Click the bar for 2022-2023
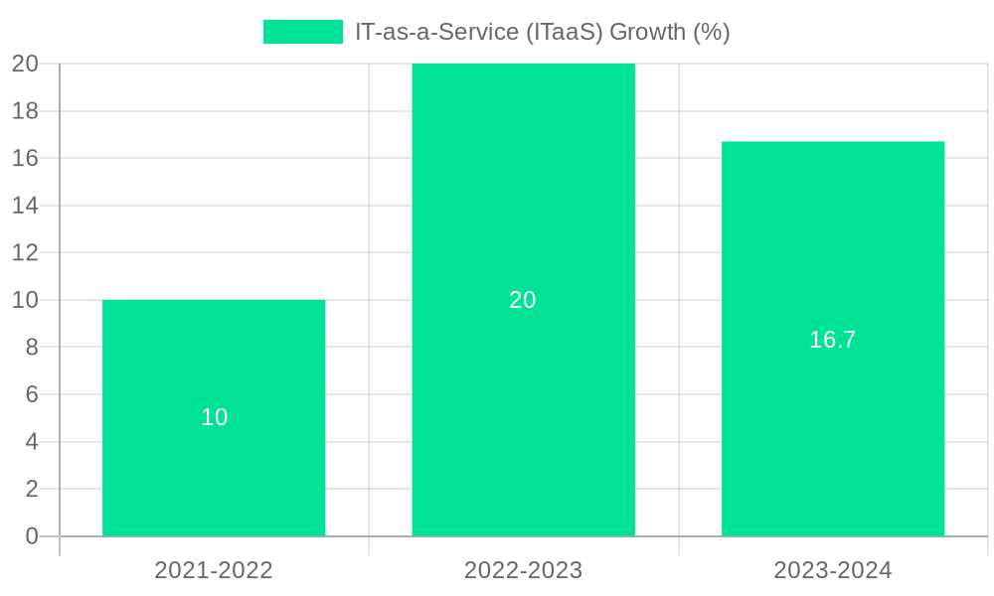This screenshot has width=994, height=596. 523,397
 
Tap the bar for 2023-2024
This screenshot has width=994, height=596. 832,437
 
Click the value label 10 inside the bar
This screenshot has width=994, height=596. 215,418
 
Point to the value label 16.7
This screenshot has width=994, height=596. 832,340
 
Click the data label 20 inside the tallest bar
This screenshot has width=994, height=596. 523,300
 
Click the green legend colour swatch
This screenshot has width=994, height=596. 302,32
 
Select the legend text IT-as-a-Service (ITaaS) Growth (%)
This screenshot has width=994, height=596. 542,32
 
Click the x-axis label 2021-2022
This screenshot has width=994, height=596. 214,570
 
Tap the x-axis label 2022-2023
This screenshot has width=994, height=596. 523,570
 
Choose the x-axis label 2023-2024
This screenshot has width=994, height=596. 832,570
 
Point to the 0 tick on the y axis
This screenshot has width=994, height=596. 32,536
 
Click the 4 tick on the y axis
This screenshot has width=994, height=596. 32,442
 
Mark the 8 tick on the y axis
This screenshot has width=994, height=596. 32,348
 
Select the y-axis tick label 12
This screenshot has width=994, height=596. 25,253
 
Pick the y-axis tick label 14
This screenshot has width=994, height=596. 25,206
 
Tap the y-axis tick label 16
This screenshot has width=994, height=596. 25,159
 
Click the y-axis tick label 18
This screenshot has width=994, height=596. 25,111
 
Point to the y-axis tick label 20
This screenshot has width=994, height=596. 25,64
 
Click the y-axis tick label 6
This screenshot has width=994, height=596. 32,394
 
